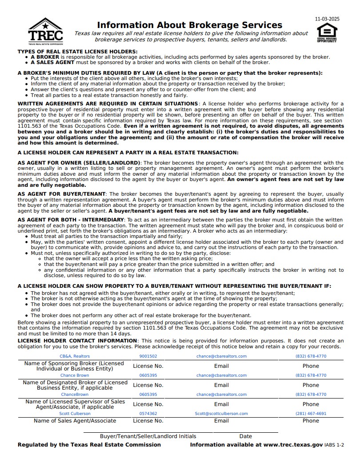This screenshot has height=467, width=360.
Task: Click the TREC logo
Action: (45, 31)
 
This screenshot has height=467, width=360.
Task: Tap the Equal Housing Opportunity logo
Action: (327, 32)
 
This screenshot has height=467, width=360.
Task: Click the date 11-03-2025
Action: (327, 19)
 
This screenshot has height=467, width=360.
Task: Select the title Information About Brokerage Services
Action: (189, 25)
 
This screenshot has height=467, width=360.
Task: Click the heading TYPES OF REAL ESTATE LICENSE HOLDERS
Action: (77, 52)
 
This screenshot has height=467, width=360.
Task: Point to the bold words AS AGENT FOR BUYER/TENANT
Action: (61, 194)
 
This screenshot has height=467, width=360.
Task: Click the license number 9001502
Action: (148, 356)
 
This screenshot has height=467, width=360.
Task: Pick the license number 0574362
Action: (148, 413)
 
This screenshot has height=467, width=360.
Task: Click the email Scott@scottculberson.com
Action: (221, 413)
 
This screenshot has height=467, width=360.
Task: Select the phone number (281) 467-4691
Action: (311, 413)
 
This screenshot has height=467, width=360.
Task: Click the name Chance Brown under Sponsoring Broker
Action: (75, 375)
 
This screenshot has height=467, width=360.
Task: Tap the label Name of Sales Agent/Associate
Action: (75, 421)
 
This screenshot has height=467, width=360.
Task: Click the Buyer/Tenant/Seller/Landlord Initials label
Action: (148, 436)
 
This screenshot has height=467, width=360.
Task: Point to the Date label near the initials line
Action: (245, 436)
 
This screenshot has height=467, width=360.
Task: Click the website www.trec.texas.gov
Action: (293, 445)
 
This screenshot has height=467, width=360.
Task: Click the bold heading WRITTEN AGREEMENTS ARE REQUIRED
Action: (108, 104)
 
